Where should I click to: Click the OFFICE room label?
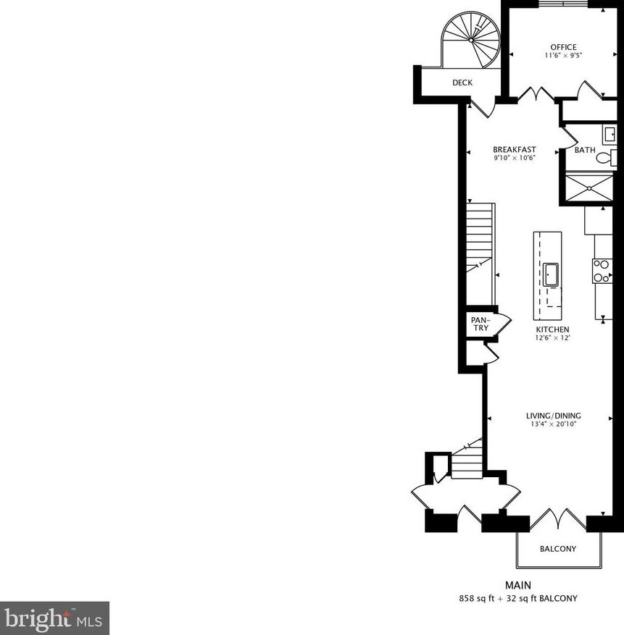click(563, 47)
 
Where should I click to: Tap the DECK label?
click(462, 83)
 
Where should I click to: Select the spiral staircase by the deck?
click(471, 41)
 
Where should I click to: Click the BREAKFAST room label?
click(514, 150)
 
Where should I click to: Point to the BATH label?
click(585, 151)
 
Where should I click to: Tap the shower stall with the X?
click(588, 189)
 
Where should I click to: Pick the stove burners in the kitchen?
click(602, 271)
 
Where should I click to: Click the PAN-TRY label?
click(480, 324)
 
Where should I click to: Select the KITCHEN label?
click(553, 329)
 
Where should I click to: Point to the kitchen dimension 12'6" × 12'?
click(553, 338)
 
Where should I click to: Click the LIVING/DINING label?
click(554, 416)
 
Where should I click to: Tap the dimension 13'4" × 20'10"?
click(554, 424)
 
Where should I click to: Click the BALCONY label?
click(558, 549)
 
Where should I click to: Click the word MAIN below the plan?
click(518, 585)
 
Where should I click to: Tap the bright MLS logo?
click(54, 618)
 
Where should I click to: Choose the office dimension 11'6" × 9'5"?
click(563, 56)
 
